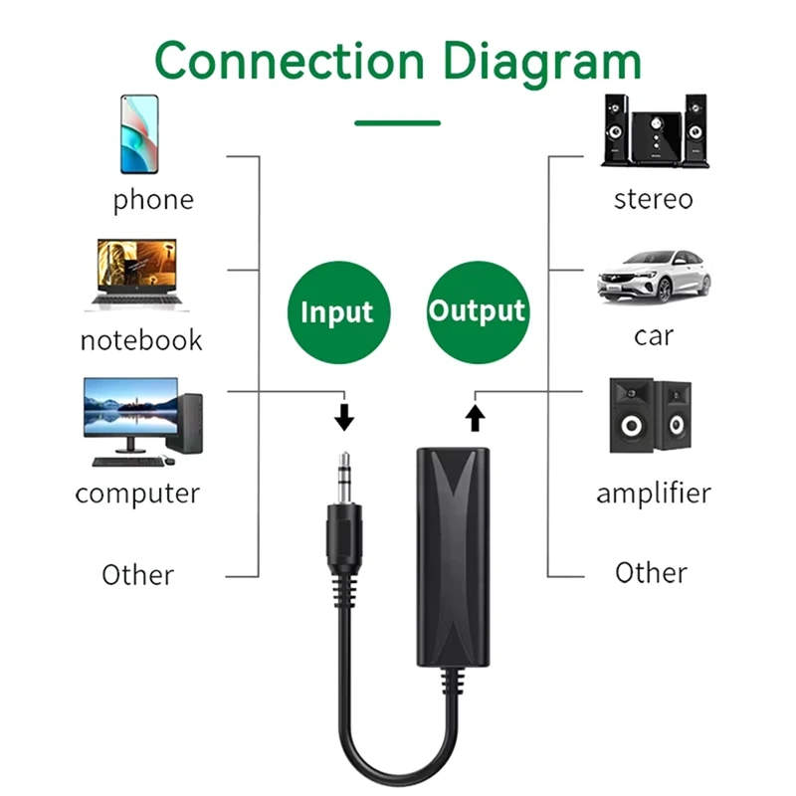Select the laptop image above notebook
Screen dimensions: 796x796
(x=136, y=275)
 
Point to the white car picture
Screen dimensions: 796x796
(x=654, y=276)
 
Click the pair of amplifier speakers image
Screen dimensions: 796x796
(x=652, y=417)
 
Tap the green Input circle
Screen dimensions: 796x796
(x=336, y=311)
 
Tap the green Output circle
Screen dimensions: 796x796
(x=477, y=311)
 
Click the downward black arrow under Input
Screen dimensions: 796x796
(x=344, y=415)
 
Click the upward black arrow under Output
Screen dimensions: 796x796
(x=475, y=416)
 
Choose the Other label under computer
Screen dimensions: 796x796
(x=137, y=574)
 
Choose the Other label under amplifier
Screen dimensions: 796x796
(x=651, y=572)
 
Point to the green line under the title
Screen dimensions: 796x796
(x=398, y=123)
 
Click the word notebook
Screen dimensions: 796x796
(x=141, y=340)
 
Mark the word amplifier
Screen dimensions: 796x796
(x=654, y=493)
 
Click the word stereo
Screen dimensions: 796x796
(x=653, y=199)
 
